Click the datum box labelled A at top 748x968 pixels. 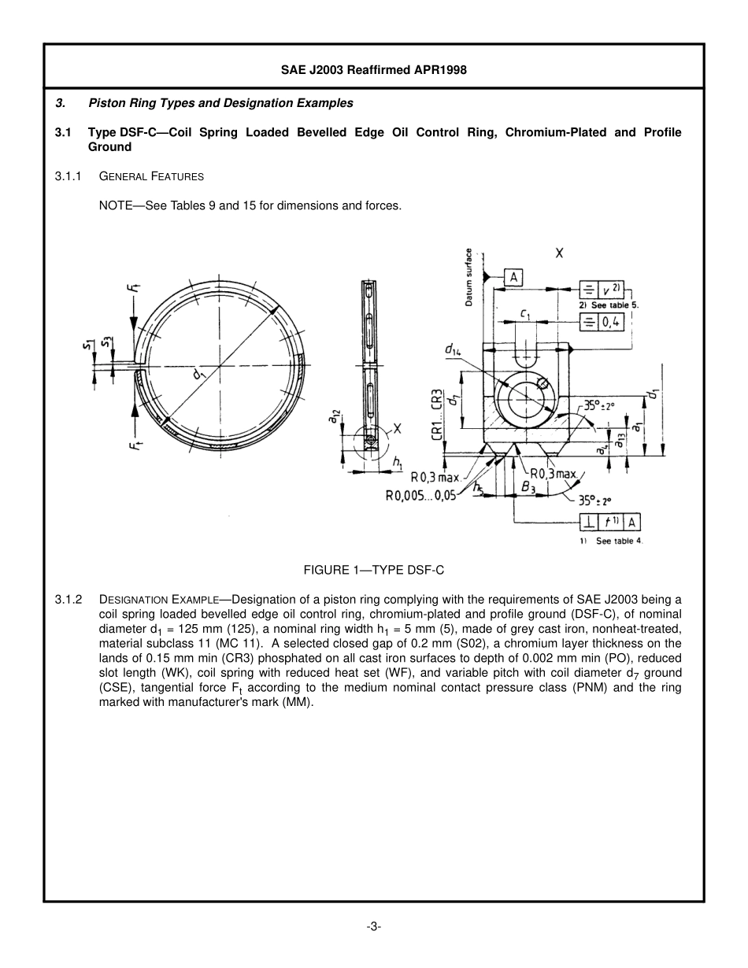(x=513, y=277)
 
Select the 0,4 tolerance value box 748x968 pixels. (x=612, y=322)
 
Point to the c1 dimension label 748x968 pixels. (x=525, y=313)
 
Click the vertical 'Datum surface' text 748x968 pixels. (x=468, y=278)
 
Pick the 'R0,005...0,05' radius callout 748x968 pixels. (x=420, y=496)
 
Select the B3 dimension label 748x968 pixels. (x=528, y=487)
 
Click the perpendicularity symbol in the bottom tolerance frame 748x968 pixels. (x=589, y=523)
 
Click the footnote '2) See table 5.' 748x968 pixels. (x=609, y=305)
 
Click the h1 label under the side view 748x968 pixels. (x=398, y=463)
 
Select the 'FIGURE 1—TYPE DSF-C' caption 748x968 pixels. (x=374, y=570)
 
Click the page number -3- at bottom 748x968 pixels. (x=374, y=927)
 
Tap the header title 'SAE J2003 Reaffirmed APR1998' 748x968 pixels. (x=374, y=70)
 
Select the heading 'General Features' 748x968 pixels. (x=151, y=177)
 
